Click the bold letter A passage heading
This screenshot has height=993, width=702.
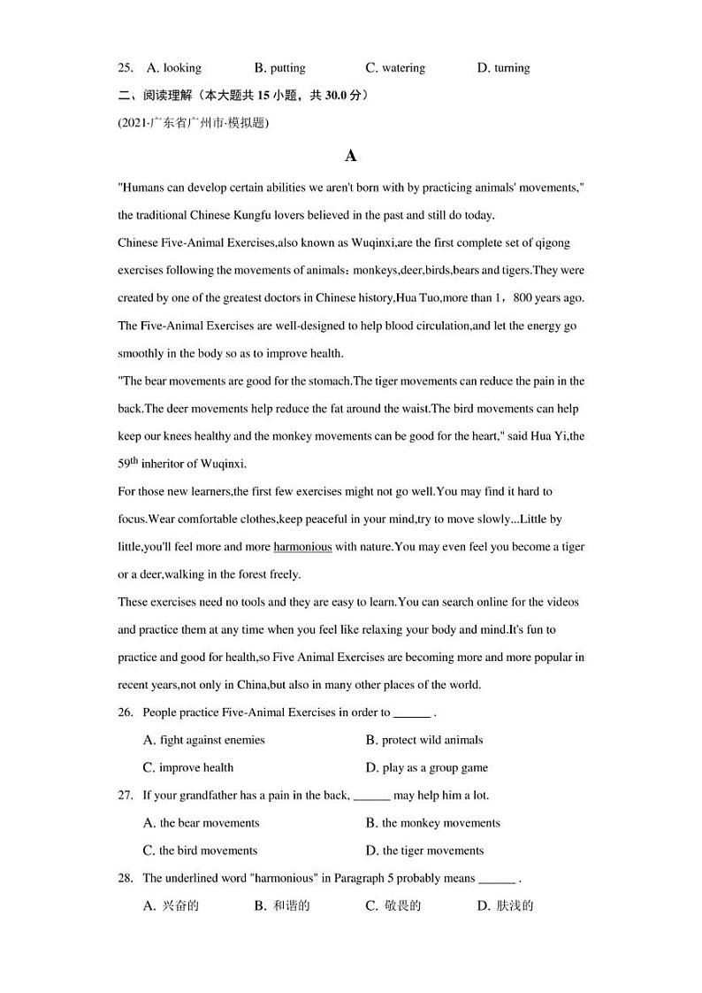point(351,156)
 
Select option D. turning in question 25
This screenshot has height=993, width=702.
point(503,67)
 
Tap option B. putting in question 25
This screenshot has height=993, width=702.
point(279,67)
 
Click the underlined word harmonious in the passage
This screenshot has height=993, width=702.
point(302,547)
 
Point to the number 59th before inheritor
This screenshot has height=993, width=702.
point(128,462)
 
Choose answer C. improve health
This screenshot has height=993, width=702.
point(188,767)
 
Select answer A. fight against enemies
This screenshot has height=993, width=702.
point(203,740)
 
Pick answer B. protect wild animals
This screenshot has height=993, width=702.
point(423,740)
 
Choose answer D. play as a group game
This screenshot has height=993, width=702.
point(426,767)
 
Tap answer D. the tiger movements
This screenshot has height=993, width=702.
point(424,851)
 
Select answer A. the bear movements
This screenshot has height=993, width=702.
point(201,823)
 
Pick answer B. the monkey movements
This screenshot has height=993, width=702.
point(432,823)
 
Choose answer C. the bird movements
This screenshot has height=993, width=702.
point(200,851)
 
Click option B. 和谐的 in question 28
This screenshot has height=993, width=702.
point(282,905)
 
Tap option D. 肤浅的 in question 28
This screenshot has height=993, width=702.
point(505,905)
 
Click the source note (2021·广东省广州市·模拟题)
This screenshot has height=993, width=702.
point(192,123)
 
